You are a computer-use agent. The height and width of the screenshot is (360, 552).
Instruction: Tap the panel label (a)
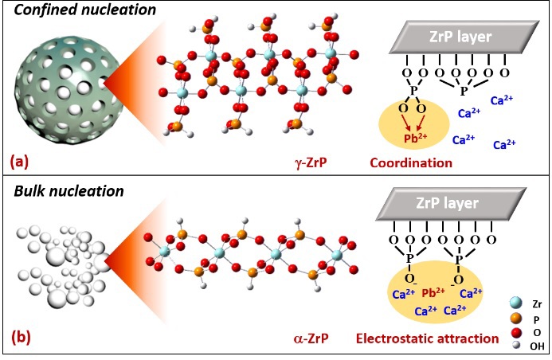[19, 162]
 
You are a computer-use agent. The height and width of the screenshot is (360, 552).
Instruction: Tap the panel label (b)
[20, 337]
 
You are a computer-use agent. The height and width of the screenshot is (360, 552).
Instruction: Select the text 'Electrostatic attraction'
[429, 338]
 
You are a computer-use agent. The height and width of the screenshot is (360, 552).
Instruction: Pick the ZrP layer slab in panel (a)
[463, 37]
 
